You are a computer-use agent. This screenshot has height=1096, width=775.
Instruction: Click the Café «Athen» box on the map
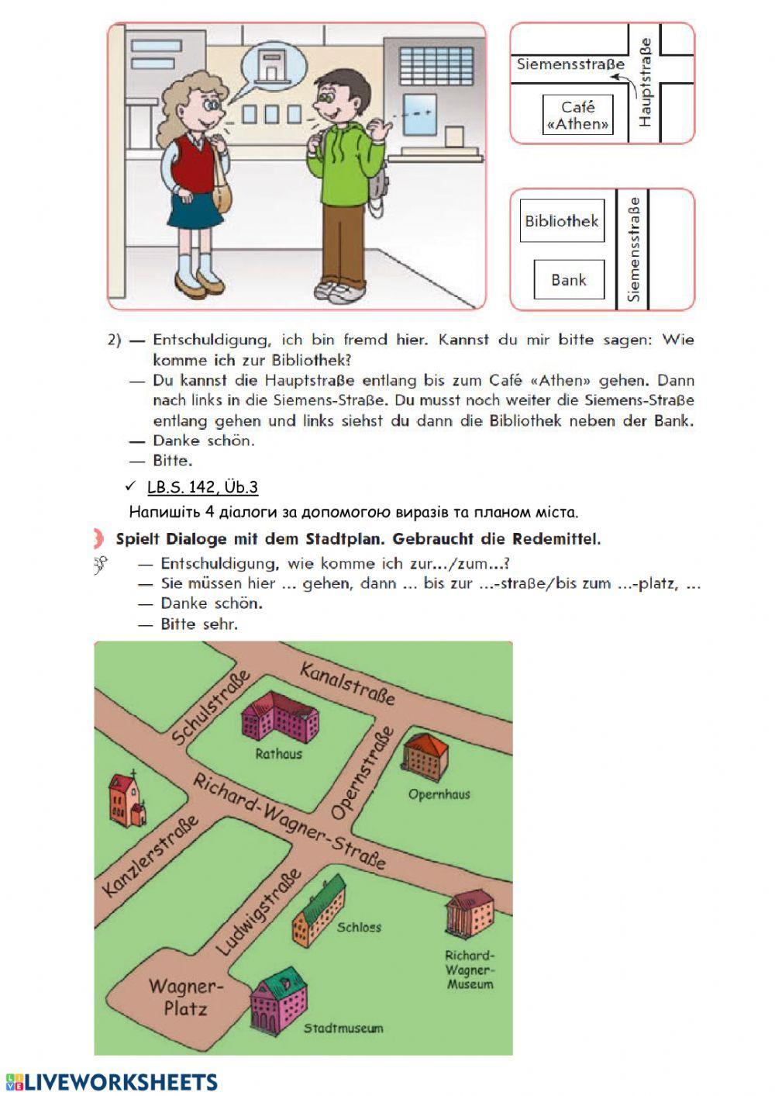click(x=577, y=116)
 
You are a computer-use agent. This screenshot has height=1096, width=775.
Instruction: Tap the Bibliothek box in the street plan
click(x=561, y=221)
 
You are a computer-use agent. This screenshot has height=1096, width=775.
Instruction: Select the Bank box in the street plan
click(x=569, y=280)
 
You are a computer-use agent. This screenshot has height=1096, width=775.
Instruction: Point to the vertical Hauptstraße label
click(x=645, y=83)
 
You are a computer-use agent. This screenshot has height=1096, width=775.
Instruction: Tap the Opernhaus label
click(x=439, y=794)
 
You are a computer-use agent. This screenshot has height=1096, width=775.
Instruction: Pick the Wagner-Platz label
click(x=186, y=997)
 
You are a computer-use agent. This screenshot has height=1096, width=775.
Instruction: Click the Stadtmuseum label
click(x=343, y=1029)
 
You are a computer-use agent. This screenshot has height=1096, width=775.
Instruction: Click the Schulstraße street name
click(x=211, y=707)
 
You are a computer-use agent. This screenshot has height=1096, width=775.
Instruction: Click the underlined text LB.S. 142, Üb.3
click(x=202, y=487)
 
